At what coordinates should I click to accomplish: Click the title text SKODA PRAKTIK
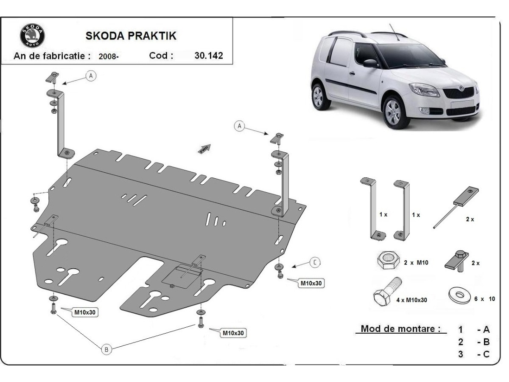click(x=131, y=36)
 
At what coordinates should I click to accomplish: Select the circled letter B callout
click(x=106, y=349)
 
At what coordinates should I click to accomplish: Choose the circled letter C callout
click(x=314, y=263)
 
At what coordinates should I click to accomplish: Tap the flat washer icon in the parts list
click(x=459, y=295)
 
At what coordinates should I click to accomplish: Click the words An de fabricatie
click(x=52, y=56)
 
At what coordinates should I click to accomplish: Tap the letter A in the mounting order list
click(x=486, y=329)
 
